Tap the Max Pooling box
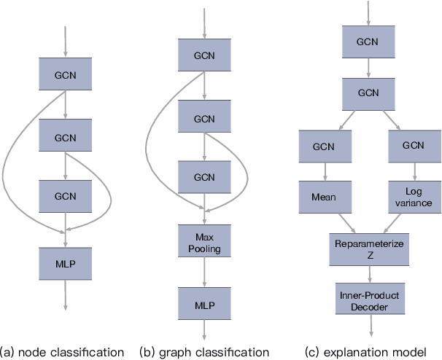click(203, 243)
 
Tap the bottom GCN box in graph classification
click(203, 177)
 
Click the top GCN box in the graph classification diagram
click(203, 55)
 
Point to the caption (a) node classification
click(63, 352)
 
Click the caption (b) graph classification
click(204, 352)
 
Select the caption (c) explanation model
click(371, 352)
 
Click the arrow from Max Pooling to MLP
click(203, 272)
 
